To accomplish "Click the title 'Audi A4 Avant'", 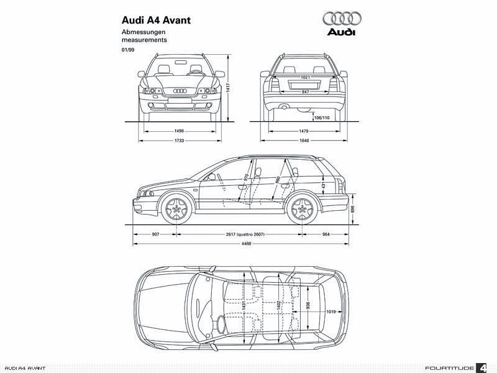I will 156,19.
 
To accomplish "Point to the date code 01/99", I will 128,49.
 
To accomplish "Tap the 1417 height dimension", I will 228,87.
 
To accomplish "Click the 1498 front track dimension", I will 179,131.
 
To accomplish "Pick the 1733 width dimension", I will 179,140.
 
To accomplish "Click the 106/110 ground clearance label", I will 322,117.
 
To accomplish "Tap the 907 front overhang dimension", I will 155,234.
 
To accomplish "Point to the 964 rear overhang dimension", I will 326,234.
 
